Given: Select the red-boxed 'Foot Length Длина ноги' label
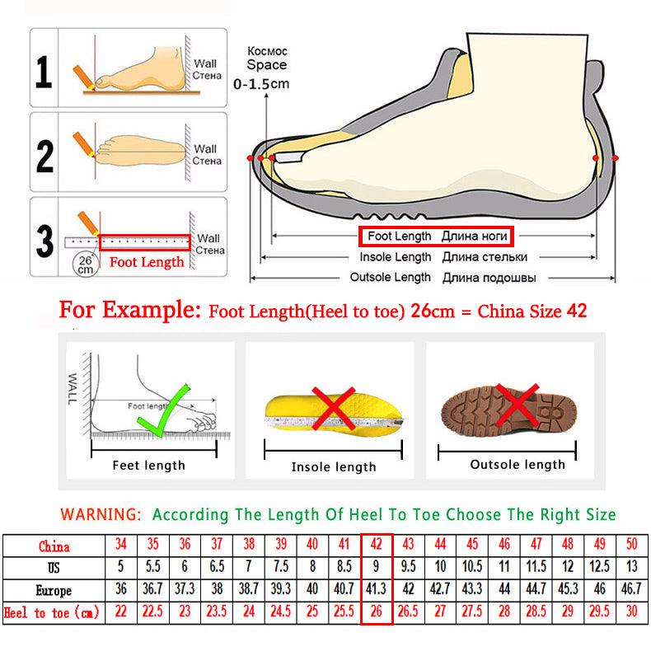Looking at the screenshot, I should tap(435, 237).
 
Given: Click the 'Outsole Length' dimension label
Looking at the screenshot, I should tap(391, 278).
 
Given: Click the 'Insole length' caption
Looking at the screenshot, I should tap(333, 467).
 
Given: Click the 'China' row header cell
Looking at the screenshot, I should tap(54, 546).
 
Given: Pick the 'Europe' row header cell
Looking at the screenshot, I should tap(54, 591).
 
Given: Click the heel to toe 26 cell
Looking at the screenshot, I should tap(376, 613).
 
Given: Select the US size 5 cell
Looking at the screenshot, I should tap(121, 568).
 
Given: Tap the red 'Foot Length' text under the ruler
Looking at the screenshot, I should tap(147, 263).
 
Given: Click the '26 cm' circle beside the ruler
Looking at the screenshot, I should tap(85, 263).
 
